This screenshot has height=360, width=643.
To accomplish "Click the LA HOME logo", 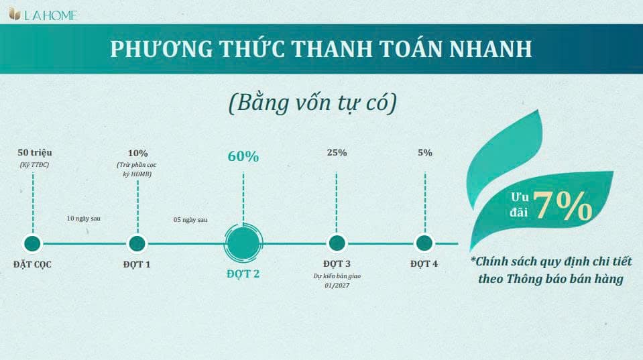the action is click(43, 15).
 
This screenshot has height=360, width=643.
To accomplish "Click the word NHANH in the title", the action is click(491, 49).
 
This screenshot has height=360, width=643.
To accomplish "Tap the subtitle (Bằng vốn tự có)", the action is click(313, 103).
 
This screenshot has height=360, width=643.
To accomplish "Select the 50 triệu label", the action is click(35, 153).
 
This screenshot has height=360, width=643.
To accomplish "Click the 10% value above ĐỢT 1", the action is click(138, 154).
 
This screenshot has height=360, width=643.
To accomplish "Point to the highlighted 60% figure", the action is click(243, 156).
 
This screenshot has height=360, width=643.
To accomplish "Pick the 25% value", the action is click(337, 153).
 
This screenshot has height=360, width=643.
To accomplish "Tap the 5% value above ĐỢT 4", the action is click(425, 153).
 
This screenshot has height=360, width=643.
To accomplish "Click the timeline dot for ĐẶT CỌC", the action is click(32, 243).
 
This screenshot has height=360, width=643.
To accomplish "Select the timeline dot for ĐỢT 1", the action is click(137, 243).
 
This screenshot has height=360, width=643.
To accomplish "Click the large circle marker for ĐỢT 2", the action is click(243, 243).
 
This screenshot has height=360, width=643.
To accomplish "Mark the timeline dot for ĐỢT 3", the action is click(337, 243).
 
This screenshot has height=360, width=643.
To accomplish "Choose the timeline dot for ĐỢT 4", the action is click(424, 243).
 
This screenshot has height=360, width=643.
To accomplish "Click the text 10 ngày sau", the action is click(84, 219).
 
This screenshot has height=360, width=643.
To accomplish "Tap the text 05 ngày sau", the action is click(190, 220).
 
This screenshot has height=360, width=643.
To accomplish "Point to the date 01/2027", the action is click(337, 286).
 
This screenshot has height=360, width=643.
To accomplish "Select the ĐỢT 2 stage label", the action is click(243, 274).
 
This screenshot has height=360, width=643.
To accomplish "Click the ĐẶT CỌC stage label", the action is click(32, 264).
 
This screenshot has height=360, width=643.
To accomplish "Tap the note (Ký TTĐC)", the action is click(34, 165).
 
